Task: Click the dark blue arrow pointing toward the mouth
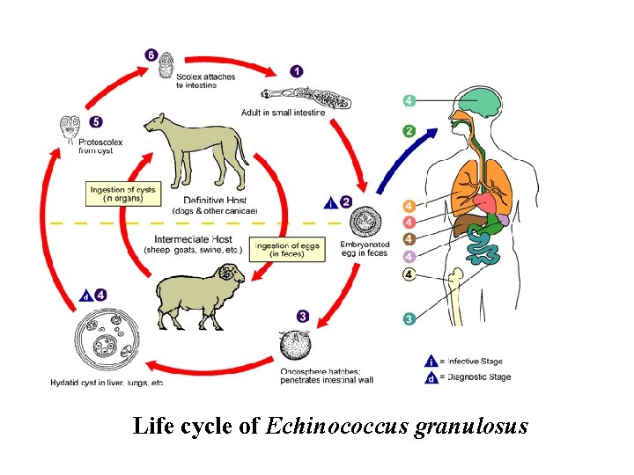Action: tap(405, 158)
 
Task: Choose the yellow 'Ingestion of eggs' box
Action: tap(286, 249)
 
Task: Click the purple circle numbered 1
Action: tap(297, 70)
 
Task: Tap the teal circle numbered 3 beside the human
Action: tap(409, 318)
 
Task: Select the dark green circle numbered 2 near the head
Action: tap(409, 131)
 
